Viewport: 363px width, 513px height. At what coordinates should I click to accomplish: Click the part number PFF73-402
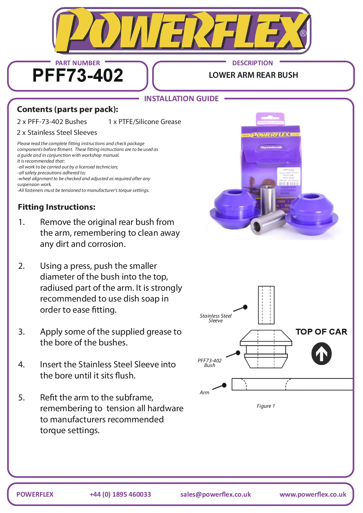[78, 75]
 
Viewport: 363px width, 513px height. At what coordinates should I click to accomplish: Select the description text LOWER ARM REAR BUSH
[253, 75]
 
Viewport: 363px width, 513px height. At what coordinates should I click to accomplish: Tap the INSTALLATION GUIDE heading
[181, 99]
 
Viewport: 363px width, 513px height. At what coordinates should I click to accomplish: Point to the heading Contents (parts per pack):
[68, 109]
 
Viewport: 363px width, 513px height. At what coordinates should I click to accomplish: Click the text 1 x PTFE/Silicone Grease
[144, 122]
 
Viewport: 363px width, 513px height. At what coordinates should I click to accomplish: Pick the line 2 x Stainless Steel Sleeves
[57, 132]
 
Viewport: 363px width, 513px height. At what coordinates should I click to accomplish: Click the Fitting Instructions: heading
[56, 207]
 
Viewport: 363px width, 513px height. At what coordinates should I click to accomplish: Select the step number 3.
[21, 332]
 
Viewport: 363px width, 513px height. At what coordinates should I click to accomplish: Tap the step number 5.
[21, 397]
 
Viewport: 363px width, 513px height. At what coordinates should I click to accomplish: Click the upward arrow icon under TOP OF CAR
[321, 354]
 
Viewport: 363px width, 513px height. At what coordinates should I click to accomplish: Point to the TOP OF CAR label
[321, 332]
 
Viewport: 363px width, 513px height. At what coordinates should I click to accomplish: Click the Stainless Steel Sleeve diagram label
[216, 318]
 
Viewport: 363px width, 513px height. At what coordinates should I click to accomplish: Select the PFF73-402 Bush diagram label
[210, 363]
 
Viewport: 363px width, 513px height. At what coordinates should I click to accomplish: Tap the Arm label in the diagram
[204, 393]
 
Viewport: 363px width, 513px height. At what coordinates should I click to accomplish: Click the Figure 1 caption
[266, 406]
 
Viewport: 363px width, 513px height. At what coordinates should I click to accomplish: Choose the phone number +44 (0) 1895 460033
[120, 494]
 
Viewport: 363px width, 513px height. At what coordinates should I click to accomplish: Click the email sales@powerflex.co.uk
[216, 494]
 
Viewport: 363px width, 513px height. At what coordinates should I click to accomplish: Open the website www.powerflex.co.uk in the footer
[313, 494]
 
